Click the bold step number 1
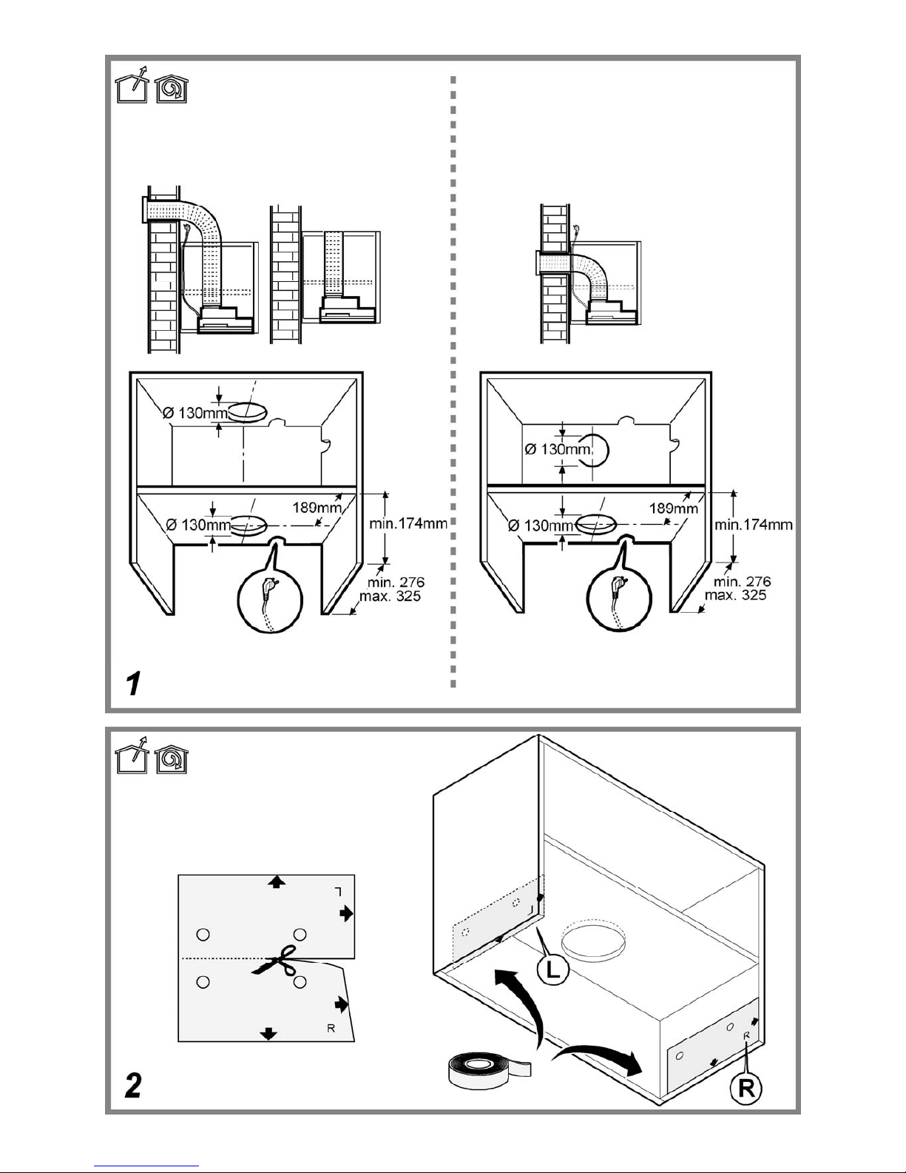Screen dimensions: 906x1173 [133, 683]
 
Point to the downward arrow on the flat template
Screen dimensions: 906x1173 [268, 1034]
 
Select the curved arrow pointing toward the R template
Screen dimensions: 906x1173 [598, 1057]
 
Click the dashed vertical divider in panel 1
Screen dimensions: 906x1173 [453, 382]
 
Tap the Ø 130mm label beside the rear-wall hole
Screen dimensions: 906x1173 [559, 449]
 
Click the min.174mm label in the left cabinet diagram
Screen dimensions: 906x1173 [408, 523]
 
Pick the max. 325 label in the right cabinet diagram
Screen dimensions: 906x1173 [736, 595]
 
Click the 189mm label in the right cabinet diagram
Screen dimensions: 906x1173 [673, 508]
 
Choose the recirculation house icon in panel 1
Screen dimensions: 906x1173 [171, 88]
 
